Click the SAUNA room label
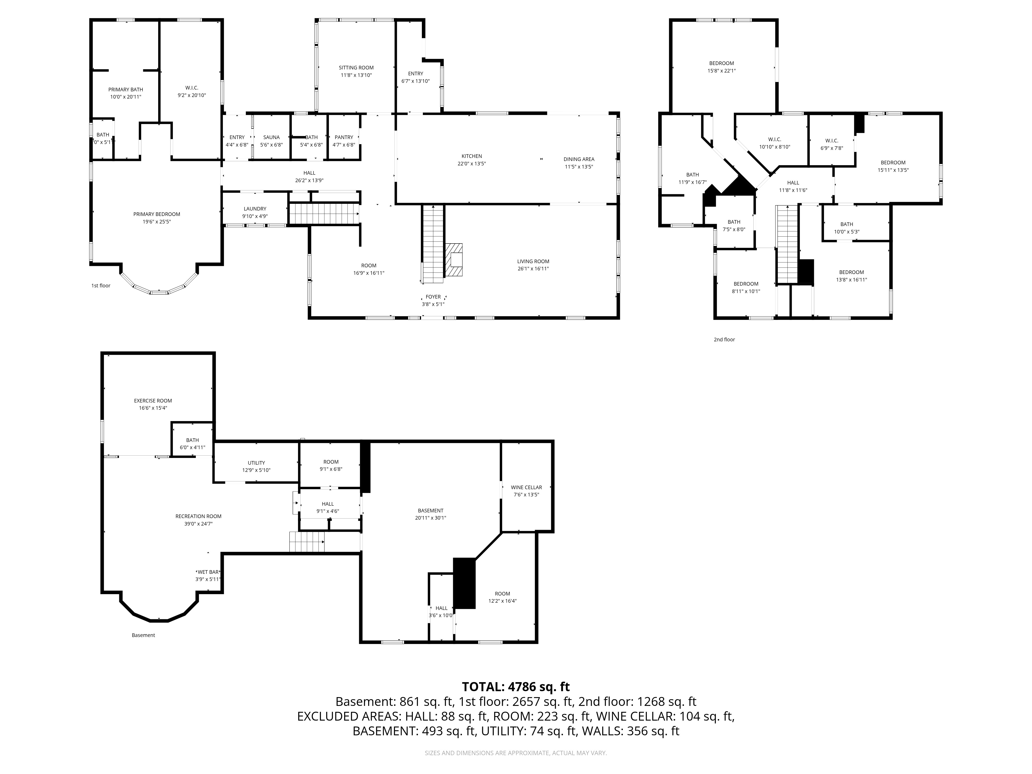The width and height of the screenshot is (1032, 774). [271, 137]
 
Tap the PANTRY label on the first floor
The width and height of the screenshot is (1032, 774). [344, 137]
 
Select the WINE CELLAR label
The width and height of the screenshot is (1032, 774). [526, 487]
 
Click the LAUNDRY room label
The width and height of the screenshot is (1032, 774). [255, 208]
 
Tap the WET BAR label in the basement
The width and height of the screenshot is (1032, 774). [208, 572]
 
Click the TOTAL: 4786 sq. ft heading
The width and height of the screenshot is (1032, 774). [515, 687]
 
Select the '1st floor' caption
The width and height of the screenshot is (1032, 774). [101, 286]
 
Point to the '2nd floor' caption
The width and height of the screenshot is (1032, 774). [724, 340]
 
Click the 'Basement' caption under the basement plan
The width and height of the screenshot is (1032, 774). [143, 635]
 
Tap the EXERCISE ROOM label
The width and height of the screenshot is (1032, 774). [153, 400]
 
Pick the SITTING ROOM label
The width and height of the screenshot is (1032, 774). [356, 68]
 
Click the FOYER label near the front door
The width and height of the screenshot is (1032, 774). [433, 297]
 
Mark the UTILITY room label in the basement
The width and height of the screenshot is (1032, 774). [256, 463]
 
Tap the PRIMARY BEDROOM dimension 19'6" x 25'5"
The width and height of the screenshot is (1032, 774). [157, 222]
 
